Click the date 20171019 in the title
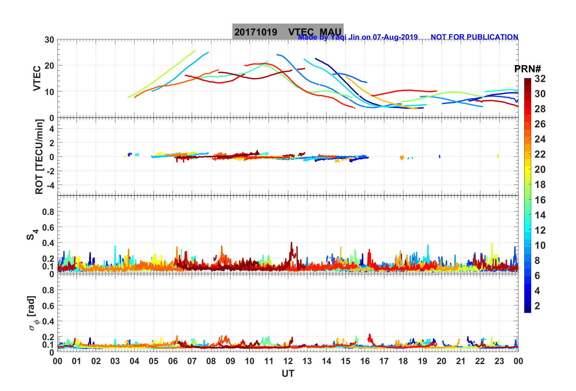[x=256, y=32]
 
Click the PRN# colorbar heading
[x=528, y=69]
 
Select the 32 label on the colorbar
[x=540, y=79]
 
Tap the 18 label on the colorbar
[x=540, y=185]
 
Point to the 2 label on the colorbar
[x=537, y=306]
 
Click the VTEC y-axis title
[x=37, y=78]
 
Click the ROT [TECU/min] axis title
[x=39, y=156]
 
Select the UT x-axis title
[x=288, y=374]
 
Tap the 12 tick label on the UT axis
[x=288, y=361]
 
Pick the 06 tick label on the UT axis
[x=173, y=361]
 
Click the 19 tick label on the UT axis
[x=422, y=361]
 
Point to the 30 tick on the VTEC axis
[x=49, y=40]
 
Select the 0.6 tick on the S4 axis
[x=48, y=227]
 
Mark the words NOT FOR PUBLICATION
[x=474, y=37]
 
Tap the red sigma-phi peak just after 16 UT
[x=369, y=335]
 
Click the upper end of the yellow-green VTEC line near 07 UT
[x=195, y=51]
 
